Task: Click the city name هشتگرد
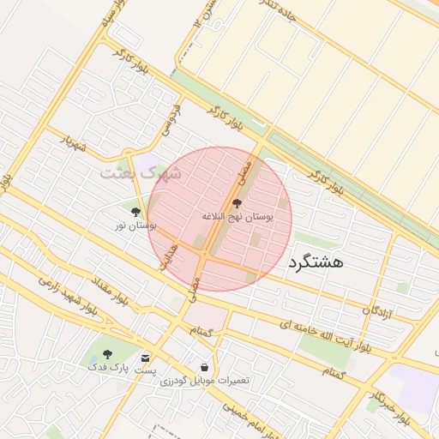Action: point(316,262)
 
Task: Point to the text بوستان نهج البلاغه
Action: point(238,218)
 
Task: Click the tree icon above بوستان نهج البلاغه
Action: point(238,203)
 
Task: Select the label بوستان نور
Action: point(136,226)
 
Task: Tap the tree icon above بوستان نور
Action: point(135,210)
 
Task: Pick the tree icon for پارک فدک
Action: point(107,353)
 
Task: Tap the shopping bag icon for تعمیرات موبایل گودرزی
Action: point(203,365)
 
